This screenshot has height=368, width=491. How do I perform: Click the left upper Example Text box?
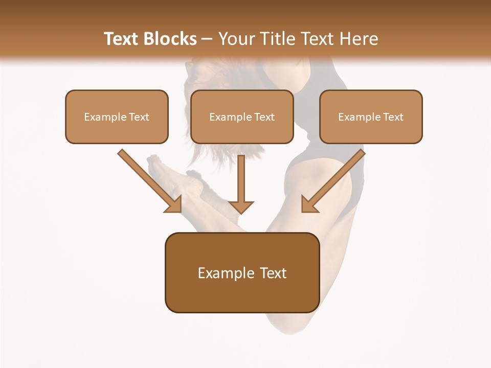pyautogui.click(x=117, y=117)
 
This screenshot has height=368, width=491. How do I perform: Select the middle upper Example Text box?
pyautogui.click(x=242, y=117)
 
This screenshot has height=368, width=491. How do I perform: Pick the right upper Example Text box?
pyautogui.click(x=371, y=117)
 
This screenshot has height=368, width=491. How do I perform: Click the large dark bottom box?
pyautogui.click(x=242, y=272)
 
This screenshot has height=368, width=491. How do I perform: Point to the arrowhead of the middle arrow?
pyautogui.click(x=241, y=206)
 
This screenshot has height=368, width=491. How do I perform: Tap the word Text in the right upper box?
pyautogui.click(x=393, y=117)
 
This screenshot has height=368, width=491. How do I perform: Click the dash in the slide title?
pyautogui.click(x=207, y=39)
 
